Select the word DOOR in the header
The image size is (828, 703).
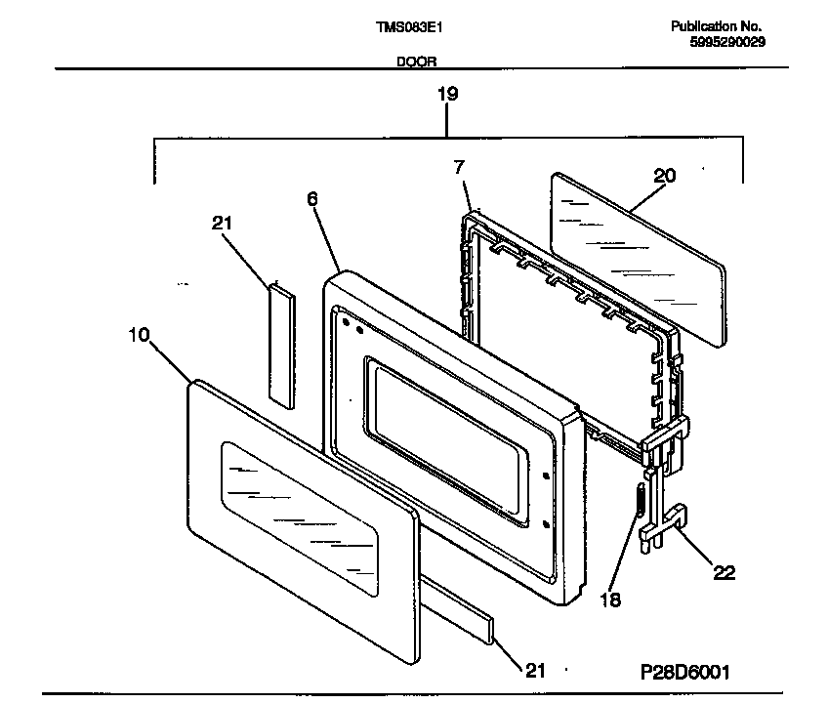point(416,62)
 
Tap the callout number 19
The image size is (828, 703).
point(446,95)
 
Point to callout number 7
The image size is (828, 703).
point(459,168)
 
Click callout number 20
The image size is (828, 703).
point(664,176)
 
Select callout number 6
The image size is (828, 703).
point(312,198)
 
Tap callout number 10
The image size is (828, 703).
point(139,335)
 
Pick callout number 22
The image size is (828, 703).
point(724,572)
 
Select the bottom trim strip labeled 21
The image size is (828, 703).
point(459,610)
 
